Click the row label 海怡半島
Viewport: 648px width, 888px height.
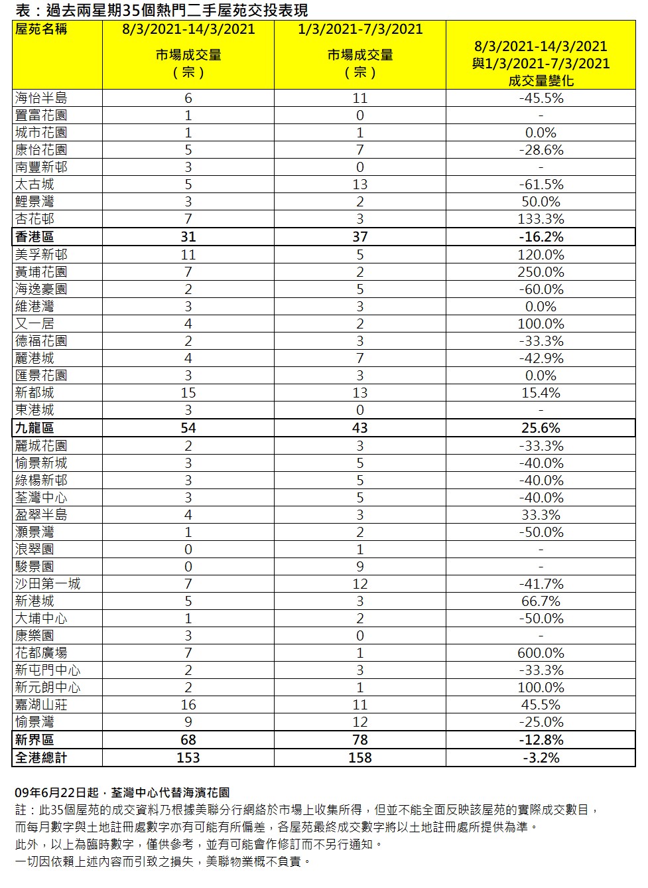(41, 98)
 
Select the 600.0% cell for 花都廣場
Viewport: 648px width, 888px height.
(541, 653)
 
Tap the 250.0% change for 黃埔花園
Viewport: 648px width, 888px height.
(541, 272)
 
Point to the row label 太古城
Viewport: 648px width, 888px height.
(34, 185)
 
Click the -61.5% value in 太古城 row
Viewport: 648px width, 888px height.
(541, 185)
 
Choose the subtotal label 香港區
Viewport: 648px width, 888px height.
(34, 237)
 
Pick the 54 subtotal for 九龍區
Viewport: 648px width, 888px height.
(188, 428)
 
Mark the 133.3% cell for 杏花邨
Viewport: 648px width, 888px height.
(541, 219)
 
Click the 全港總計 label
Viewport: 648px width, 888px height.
(41, 758)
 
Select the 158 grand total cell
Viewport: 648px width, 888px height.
(360, 758)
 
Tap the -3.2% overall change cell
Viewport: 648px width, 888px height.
(541, 758)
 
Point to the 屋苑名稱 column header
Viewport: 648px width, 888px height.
(41, 29)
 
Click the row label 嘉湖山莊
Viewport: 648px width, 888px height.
(41, 705)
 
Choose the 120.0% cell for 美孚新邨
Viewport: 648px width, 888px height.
(541, 255)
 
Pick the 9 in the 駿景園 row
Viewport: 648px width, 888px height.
(360, 567)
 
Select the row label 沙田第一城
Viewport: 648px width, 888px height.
(48, 584)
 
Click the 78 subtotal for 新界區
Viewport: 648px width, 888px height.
(360, 740)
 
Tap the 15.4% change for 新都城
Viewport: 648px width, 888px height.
(541, 393)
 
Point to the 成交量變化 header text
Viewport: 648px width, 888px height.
(541, 81)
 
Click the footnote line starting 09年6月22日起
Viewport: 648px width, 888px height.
(122, 792)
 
